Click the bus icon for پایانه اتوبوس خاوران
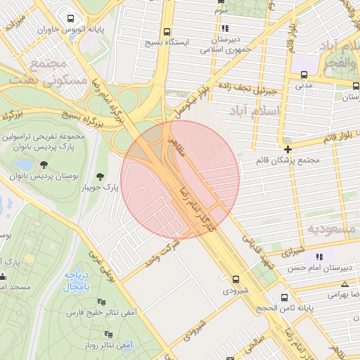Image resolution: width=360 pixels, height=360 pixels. click(70, 18)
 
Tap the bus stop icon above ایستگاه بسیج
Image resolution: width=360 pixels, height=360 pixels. click(167, 32)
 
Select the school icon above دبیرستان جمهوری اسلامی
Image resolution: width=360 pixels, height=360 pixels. click(225, 29)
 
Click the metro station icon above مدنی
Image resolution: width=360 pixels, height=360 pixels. click(304, 75)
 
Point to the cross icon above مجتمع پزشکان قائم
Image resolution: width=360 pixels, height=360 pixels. click(288, 149)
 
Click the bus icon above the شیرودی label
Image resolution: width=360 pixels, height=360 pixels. click(235, 279)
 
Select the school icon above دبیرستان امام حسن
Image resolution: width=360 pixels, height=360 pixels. click(320, 257)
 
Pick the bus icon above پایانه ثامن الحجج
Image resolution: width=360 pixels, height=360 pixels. click(284, 297)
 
